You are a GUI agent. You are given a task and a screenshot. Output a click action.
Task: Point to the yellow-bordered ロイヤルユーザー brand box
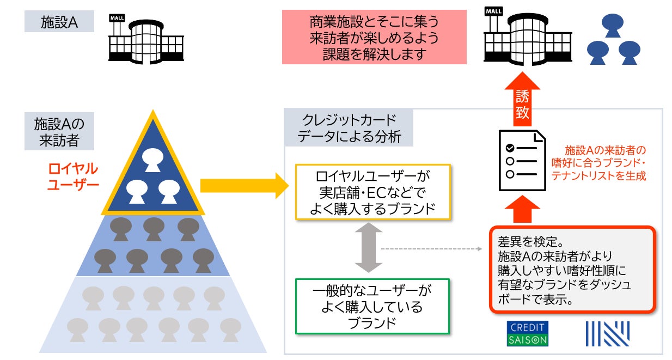[x=373, y=192]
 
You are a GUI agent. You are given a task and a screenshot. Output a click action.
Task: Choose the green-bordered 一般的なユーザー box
[x=372, y=307]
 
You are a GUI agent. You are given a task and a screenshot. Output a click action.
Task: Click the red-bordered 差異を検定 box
[x=571, y=270]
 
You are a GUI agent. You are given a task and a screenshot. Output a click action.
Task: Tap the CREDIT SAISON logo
[x=527, y=334]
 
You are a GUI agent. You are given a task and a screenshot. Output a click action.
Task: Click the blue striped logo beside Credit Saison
[x=607, y=334]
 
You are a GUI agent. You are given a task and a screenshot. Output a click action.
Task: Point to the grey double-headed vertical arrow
[x=367, y=249]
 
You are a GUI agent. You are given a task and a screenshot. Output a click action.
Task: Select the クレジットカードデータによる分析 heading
[x=349, y=129]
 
